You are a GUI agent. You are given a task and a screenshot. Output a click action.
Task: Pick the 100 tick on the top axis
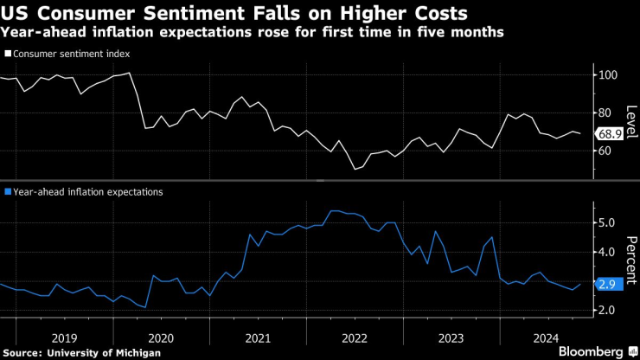click(x=610, y=75)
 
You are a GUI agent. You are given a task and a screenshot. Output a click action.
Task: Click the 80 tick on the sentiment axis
click(x=606, y=112)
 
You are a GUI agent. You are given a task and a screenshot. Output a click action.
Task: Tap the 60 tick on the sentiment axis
click(x=606, y=151)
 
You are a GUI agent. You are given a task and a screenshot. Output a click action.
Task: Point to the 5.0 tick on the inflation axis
click(x=608, y=222)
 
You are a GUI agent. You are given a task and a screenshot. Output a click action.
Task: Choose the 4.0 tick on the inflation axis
click(x=608, y=252)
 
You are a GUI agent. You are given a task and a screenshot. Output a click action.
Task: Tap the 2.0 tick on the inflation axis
click(x=608, y=310)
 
